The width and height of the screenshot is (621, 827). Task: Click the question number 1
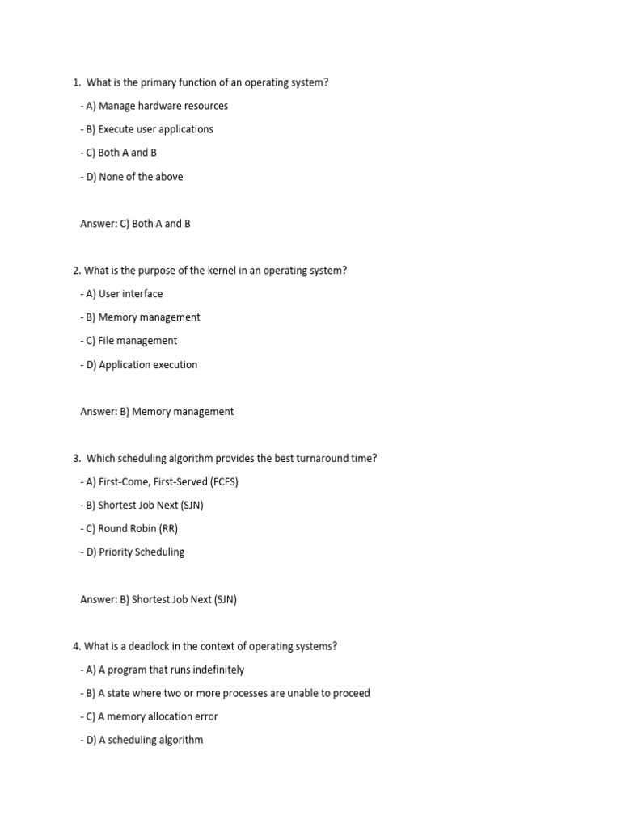tap(76, 82)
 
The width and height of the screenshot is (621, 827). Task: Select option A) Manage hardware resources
tap(154, 106)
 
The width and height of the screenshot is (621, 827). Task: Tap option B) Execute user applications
tap(147, 129)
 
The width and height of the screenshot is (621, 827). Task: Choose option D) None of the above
tap(132, 177)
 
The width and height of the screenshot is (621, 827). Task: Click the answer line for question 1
tap(135, 224)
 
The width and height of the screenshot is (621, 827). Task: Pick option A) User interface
tap(122, 294)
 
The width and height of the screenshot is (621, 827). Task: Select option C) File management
tap(129, 341)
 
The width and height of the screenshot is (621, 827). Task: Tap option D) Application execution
tap(139, 365)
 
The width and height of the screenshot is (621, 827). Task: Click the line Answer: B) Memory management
tap(157, 412)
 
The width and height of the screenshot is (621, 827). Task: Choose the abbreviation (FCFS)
tap(224, 482)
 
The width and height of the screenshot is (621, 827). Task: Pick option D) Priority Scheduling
tap(133, 552)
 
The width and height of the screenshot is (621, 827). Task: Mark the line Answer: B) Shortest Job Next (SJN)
tap(158, 600)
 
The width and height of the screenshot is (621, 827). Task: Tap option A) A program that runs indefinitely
tap(163, 670)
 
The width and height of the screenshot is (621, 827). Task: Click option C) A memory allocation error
tap(150, 716)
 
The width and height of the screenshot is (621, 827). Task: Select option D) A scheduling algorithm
tap(142, 740)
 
